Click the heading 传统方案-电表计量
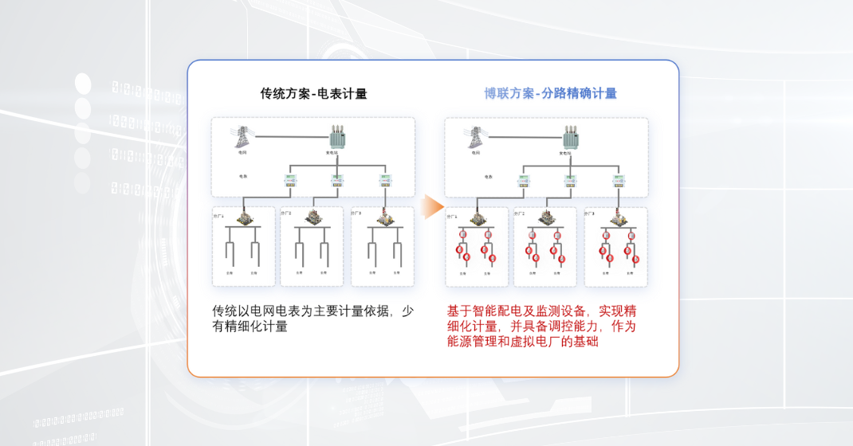[313, 93]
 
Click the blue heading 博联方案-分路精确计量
[550, 93]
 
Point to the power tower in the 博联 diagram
[476, 136]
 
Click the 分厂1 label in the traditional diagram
[219, 216]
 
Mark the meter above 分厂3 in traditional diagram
[386, 181]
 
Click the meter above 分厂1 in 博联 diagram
[524, 181]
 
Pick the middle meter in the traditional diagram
[336, 181]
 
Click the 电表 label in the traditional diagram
[243, 176]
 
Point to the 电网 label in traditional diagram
[242, 153]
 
